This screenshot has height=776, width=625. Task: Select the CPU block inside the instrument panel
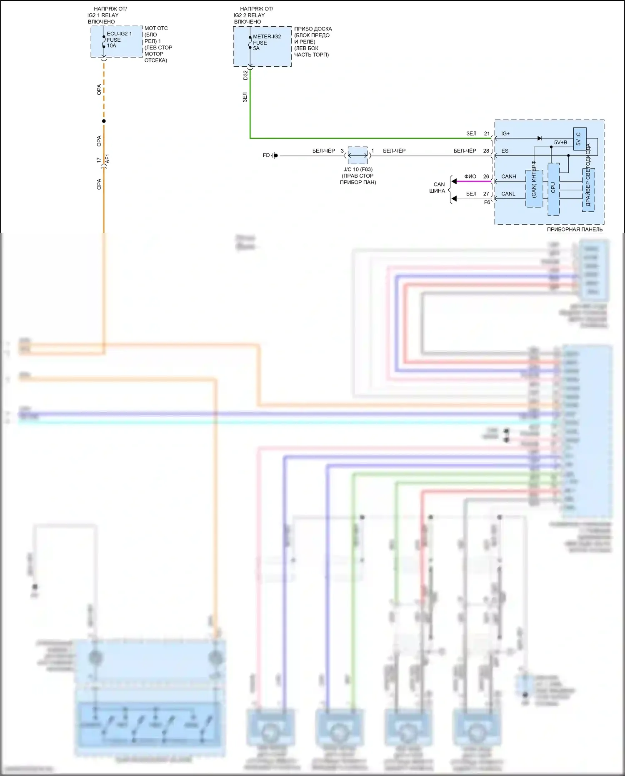(553, 188)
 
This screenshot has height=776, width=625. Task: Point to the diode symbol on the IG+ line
(540, 138)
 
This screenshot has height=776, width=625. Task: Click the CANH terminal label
(508, 177)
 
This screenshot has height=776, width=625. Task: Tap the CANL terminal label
(508, 194)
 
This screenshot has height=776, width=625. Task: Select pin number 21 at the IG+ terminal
(487, 134)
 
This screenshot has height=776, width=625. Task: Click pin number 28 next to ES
(486, 151)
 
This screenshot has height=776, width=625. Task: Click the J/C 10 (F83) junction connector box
(357, 156)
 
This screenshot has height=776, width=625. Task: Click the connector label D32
(245, 75)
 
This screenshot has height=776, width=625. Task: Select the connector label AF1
(107, 159)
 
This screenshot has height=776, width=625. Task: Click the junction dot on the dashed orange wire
(104, 121)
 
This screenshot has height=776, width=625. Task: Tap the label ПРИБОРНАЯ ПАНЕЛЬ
(575, 229)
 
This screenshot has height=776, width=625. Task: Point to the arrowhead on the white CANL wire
(454, 199)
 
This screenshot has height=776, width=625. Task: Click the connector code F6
(487, 203)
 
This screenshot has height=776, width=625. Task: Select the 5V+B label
(560, 143)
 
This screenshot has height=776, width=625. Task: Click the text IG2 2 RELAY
(249, 15)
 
